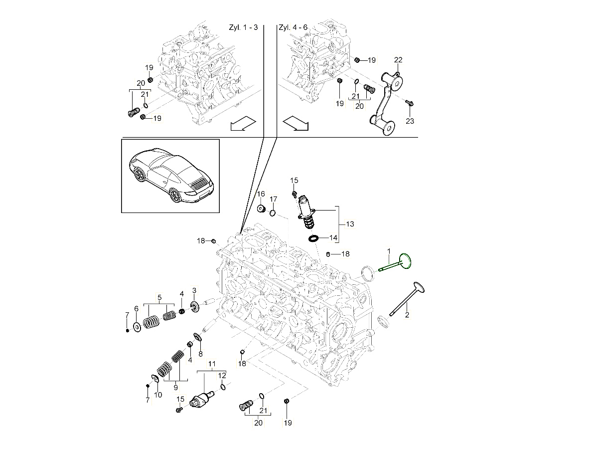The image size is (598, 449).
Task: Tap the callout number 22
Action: pos(398,60)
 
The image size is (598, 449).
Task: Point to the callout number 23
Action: pos(410,121)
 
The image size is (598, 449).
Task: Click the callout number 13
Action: pos(350,224)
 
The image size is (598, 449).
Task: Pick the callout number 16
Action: pos(261,194)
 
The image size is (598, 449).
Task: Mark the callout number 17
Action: pos(274,200)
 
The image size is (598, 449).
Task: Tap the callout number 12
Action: pos(222,375)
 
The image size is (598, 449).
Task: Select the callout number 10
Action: pos(158,395)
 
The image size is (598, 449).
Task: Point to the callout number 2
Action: pos(407,315)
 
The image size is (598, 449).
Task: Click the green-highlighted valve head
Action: pos(407,261)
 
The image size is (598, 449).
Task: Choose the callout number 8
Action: pos(201,354)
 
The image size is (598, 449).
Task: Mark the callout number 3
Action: pos(194,290)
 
